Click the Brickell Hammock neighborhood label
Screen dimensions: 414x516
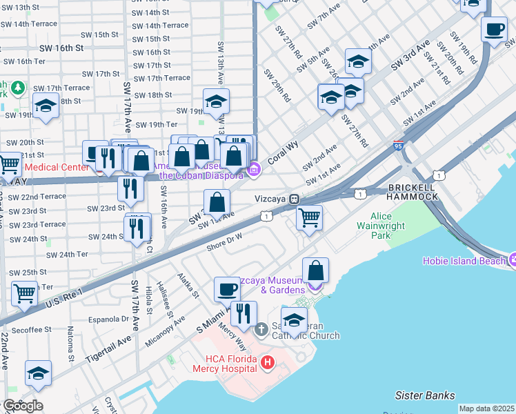[413, 192]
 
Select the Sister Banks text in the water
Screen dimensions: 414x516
[425, 395]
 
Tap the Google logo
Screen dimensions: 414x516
[22, 406]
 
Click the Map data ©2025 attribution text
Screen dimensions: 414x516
[486, 408]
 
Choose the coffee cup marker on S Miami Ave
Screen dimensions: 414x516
[226, 290]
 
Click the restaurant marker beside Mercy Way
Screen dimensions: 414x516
[244, 314]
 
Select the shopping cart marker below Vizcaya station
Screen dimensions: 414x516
[309, 217]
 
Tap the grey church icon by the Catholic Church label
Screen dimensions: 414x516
[261, 330]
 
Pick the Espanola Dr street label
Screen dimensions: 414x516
[110, 319]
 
